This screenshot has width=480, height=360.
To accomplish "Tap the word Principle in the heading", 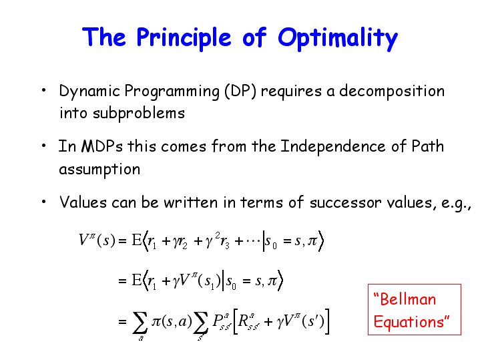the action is tap(184, 38).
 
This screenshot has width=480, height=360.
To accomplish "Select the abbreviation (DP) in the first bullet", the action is tap(240, 92).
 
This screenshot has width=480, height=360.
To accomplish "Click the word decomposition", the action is tap(392, 92).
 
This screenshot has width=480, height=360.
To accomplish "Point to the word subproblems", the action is tap(139, 114).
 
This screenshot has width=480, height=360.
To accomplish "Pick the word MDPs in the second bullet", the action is tap(102, 146).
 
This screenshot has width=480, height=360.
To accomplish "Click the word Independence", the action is tap(333, 146).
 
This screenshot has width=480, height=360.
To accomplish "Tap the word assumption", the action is tap(99, 170).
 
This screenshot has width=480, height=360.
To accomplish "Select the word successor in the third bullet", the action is tap(344, 203).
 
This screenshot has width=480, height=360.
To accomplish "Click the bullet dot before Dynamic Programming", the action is tap(44, 90).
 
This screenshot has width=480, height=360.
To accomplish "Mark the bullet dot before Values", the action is tap(44, 202).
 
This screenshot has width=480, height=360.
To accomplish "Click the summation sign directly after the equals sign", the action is tap(140, 323).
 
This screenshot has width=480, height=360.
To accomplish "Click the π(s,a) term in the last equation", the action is tap(172, 321).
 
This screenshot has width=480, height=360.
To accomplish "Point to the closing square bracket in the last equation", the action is tap(327, 321).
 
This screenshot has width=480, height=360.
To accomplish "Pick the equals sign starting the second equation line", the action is tap(122, 281).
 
